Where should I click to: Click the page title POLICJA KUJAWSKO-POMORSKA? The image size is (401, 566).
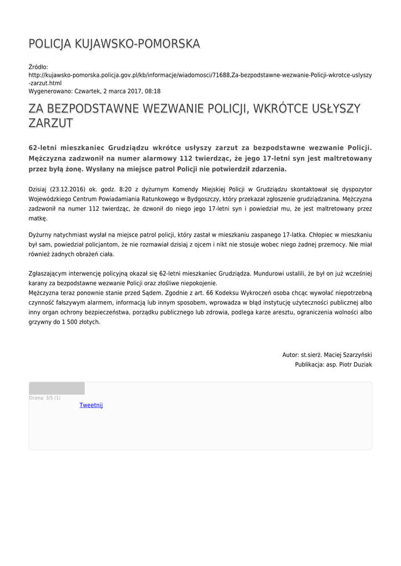tap(114, 44)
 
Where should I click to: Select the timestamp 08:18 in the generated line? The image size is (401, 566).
tap(153, 91)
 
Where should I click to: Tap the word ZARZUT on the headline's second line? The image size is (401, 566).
tap(50, 123)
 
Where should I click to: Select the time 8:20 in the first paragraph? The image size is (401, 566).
tap(124, 188)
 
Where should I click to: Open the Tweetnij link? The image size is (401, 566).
tap(91, 405)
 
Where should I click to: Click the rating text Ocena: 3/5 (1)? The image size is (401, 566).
tap(45, 398)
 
